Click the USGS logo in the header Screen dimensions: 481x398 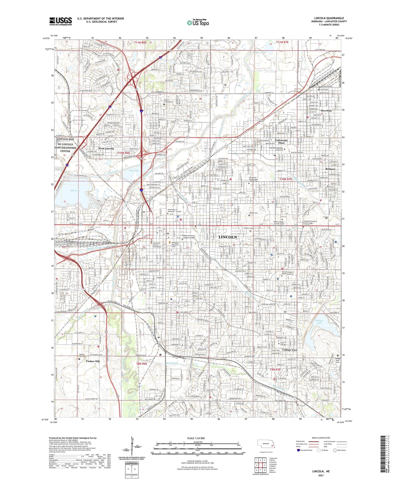(x=60, y=21)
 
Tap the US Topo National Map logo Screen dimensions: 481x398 (x=198, y=23)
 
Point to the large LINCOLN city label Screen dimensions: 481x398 (x=228, y=237)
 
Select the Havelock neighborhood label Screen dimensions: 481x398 (x=326, y=111)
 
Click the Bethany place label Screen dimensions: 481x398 (x=330, y=169)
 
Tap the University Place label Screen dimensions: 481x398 (x=281, y=141)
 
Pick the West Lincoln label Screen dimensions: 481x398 (x=106, y=149)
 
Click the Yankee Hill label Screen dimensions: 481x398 (x=92, y=361)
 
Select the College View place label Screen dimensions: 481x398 (x=290, y=350)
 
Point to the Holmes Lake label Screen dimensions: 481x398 (x=319, y=322)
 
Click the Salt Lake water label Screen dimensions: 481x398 (x=75, y=190)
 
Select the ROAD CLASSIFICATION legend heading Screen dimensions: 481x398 (x=321, y=438)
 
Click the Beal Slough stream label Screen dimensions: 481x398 (x=172, y=363)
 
